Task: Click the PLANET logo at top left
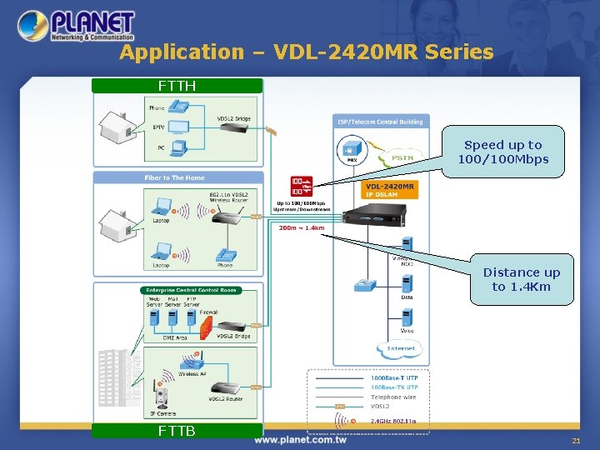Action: tap(77, 26)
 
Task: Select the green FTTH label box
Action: tap(177, 86)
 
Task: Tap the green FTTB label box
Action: tap(177, 431)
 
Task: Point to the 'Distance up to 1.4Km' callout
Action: tap(521, 279)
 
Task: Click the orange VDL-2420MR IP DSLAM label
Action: tap(390, 189)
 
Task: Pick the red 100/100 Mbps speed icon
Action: tap(301, 186)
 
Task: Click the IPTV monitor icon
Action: tap(177, 127)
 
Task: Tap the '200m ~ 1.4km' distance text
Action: tap(302, 227)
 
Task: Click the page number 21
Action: tap(575, 439)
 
